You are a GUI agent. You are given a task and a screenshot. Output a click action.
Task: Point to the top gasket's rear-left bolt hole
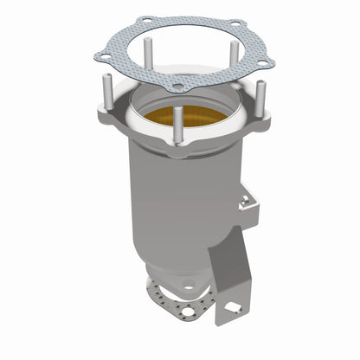(145, 20)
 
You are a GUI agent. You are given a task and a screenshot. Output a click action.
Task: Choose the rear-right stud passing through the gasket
(233, 54)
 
